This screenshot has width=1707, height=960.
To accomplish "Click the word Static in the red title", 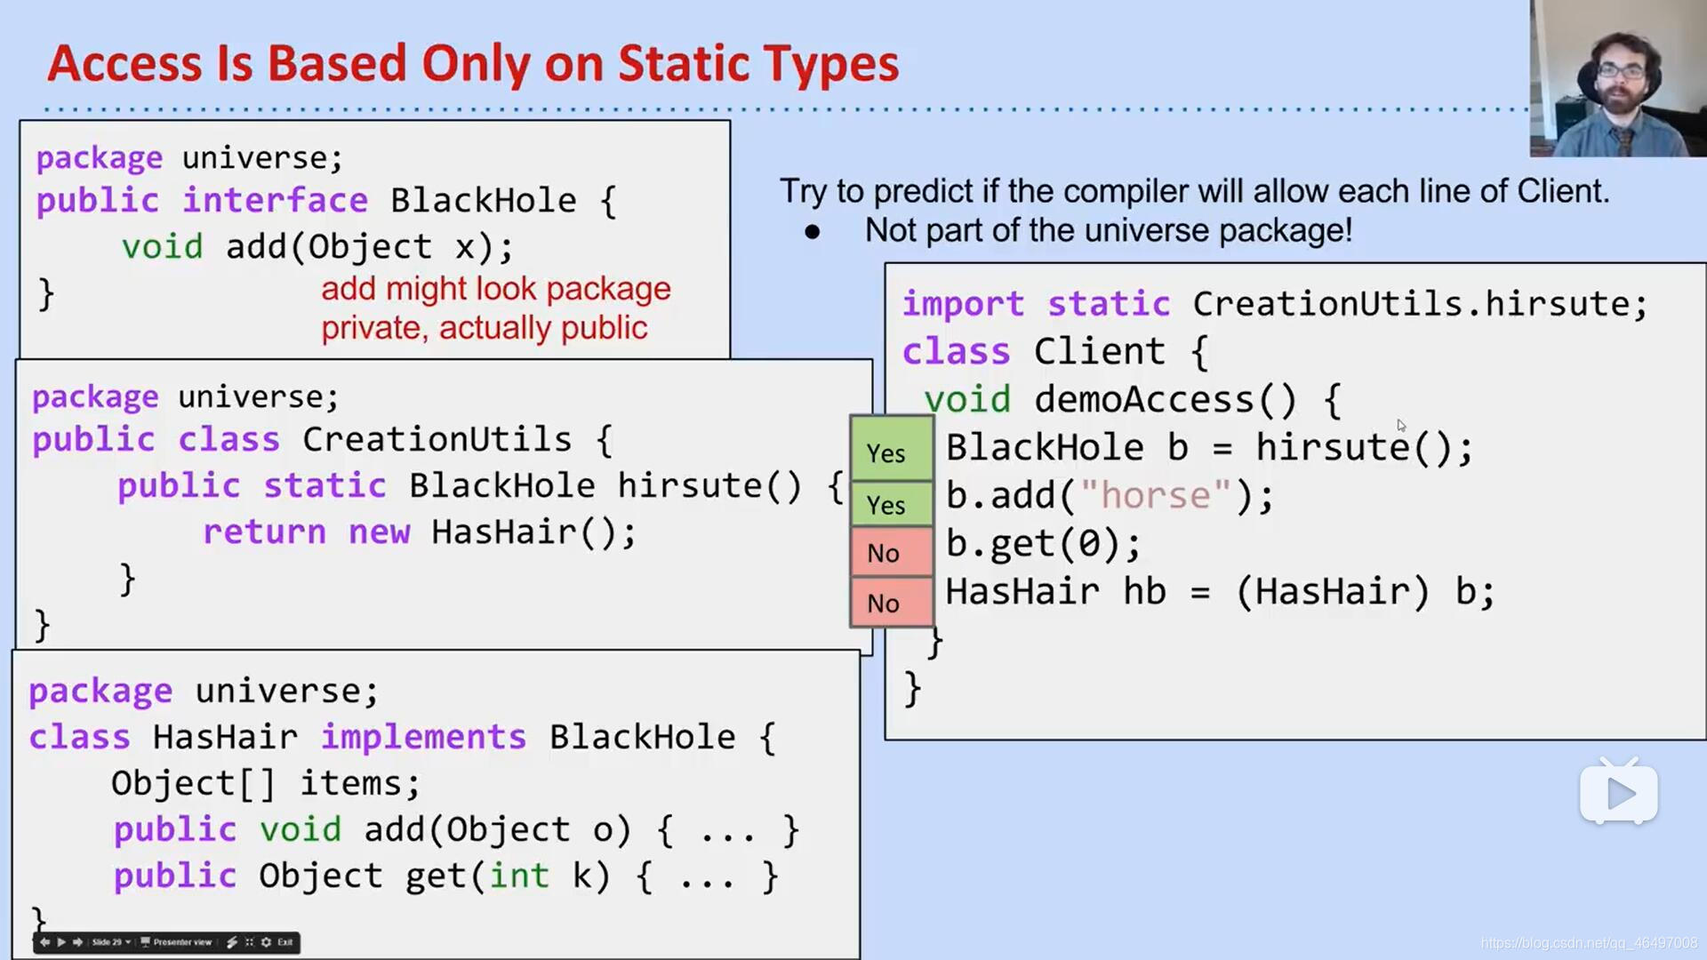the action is pyautogui.click(x=680, y=64).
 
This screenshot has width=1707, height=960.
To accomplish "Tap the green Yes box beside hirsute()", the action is pyautogui.click(x=891, y=452).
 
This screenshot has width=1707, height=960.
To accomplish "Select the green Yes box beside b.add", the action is pyautogui.click(x=891, y=503).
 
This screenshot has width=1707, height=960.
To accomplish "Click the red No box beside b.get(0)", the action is pyautogui.click(x=891, y=553).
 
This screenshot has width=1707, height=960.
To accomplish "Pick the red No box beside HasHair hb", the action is pyautogui.click(x=891, y=603).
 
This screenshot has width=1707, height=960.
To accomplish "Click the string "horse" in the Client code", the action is pyautogui.click(x=1156, y=495).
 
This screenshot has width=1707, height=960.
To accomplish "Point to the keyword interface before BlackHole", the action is pyautogui.click(x=275, y=201).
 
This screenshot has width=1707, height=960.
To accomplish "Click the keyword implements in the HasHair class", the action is pyautogui.click(x=423, y=737).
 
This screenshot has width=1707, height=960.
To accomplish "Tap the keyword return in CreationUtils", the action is pyautogui.click(x=264, y=532).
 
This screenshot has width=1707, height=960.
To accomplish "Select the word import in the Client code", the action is pyautogui.click(x=963, y=304).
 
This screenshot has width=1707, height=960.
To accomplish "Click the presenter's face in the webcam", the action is pyautogui.click(x=1621, y=77).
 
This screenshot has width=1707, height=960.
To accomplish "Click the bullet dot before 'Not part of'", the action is pyautogui.click(x=812, y=232).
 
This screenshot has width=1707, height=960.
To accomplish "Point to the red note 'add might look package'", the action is pyautogui.click(x=495, y=289).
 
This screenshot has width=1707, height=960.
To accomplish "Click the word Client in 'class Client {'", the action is pyautogui.click(x=1099, y=352).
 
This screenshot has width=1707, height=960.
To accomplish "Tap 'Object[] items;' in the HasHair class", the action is pyautogui.click(x=265, y=783).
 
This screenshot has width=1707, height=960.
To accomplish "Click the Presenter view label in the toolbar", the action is pyautogui.click(x=181, y=942).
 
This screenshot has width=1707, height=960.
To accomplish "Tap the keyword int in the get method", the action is pyautogui.click(x=518, y=876).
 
